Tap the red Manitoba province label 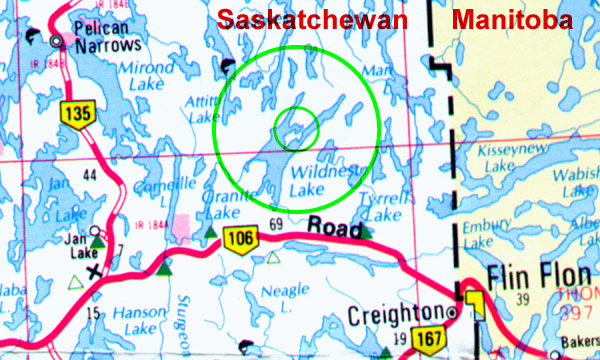(511, 20)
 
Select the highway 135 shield (75, 115)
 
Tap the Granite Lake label (221, 205)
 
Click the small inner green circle (296, 127)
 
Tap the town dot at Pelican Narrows (57, 41)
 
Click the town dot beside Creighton (454, 314)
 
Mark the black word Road (332, 225)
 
